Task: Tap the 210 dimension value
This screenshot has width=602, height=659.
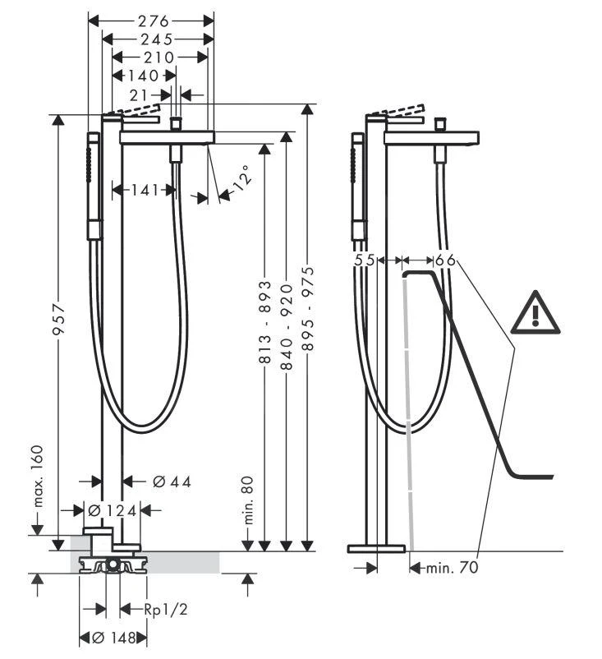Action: [x=158, y=58]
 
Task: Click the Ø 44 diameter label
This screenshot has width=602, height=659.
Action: [x=172, y=482]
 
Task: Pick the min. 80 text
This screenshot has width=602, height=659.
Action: [x=248, y=501]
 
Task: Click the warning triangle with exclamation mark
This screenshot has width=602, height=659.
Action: [x=535, y=313]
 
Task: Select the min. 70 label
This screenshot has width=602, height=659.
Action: [x=451, y=567]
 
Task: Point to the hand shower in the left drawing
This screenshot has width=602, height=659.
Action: [x=94, y=189]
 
